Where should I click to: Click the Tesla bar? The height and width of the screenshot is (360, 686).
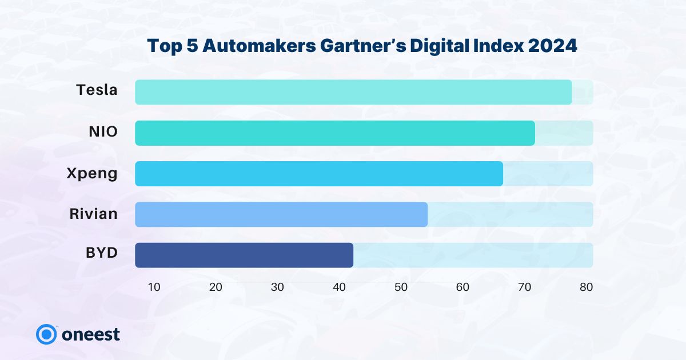point(353,92)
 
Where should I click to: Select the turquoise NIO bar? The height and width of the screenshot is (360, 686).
point(335,133)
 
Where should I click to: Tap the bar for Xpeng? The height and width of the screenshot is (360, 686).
point(319,174)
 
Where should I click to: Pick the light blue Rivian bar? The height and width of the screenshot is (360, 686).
point(281,214)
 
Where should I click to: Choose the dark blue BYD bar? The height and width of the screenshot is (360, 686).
point(244,255)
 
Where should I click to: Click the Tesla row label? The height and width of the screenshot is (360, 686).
point(97,90)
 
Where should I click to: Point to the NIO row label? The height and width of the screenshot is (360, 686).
point(103,132)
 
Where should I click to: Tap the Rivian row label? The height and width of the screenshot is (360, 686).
point(94,214)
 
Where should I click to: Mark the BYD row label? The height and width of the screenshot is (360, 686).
point(102,251)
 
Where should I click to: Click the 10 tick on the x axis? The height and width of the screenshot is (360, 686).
point(154,287)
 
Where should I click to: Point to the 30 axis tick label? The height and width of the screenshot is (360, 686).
point(277,287)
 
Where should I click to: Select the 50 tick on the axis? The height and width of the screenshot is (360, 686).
point(401,287)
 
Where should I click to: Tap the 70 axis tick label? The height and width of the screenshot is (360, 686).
point(524,287)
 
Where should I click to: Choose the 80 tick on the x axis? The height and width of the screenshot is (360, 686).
point(586,287)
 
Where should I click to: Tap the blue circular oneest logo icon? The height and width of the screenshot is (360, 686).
point(45,334)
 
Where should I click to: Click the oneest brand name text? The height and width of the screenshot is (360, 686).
point(91,334)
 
